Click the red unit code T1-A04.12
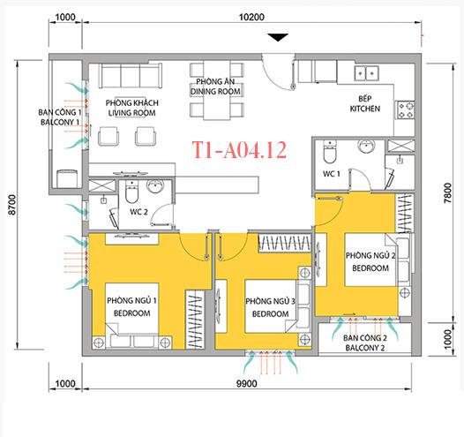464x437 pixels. click(x=239, y=150)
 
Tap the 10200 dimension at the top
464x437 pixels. click(x=251, y=17)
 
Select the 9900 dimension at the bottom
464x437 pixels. click(x=246, y=384)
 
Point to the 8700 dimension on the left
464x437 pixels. click(x=12, y=205)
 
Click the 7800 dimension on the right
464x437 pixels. click(x=448, y=192)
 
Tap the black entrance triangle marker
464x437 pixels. click(x=278, y=37)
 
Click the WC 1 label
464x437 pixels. click(x=332, y=174)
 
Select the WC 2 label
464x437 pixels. click(x=138, y=212)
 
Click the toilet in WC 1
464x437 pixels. click(x=330, y=152)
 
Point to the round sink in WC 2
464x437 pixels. click(x=155, y=186)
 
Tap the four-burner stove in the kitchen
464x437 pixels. click(x=405, y=109)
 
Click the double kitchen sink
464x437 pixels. click(x=367, y=72)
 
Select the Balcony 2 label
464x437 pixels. click(x=365, y=343)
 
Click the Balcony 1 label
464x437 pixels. click(x=60, y=117)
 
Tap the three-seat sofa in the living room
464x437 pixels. click(x=131, y=75)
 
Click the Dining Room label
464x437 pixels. click(x=215, y=87)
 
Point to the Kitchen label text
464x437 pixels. click(x=365, y=103)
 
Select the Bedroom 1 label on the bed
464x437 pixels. click(x=131, y=306)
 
